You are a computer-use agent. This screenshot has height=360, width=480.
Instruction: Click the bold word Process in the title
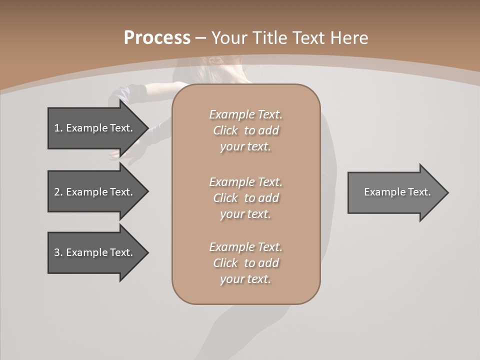pos(157,38)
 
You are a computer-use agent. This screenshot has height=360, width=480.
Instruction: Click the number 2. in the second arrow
pos(58,192)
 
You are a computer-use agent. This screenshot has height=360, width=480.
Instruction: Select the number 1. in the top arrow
pos(58,128)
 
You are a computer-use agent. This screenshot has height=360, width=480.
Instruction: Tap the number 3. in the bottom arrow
pos(58,252)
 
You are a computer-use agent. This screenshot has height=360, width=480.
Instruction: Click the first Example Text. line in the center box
pos(245,114)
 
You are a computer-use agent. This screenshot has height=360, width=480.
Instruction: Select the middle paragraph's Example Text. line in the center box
pos(245,182)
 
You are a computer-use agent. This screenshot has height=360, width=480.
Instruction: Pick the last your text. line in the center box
pos(245,279)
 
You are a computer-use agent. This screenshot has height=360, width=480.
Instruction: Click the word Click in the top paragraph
pos(225,130)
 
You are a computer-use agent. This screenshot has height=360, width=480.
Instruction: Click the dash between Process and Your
pos(201,38)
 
